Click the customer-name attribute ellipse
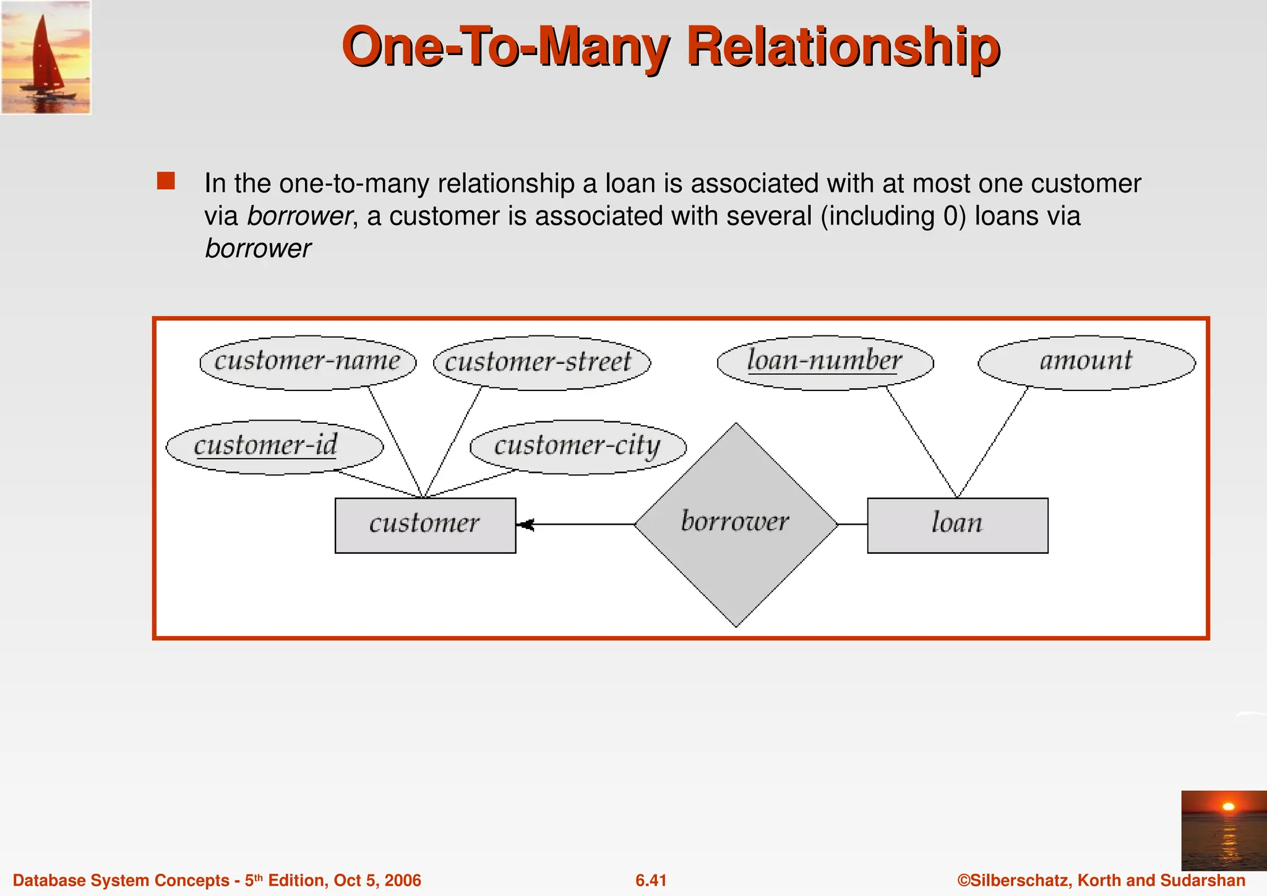[x=307, y=363]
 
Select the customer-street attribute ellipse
[x=541, y=363]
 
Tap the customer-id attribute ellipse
[x=274, y=447]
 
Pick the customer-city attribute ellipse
[x=578, y=447]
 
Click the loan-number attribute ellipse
[x=825, y=363]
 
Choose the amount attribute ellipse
[x=1086, y=363]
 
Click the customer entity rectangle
[x=425, y=525]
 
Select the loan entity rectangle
[x=957, y=525]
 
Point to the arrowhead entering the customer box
[x=525, y=525]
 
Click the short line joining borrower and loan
[x=853, y=524]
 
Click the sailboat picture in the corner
[x=46, y=57]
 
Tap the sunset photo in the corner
[x=1224, y=830]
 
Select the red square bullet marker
[x=166, y=181]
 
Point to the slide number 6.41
[x=651, y=881]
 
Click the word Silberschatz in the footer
[x=1020, y=881]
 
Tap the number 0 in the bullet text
[x=950, y=216]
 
